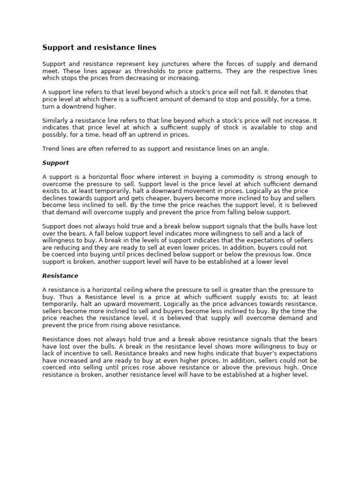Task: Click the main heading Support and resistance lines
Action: (99, 47)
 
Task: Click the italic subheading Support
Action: (55, 163)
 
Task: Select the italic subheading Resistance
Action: (60, 276)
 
